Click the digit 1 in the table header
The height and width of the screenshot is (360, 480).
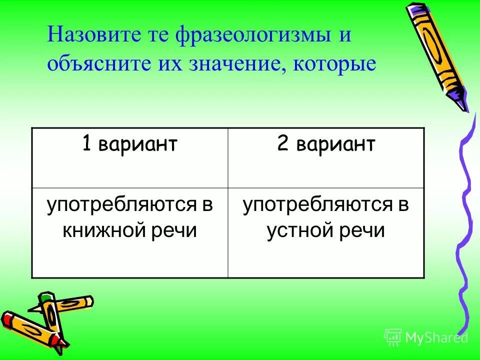[x=87, y=144]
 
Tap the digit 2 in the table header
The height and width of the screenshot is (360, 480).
[x=281, y=144]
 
